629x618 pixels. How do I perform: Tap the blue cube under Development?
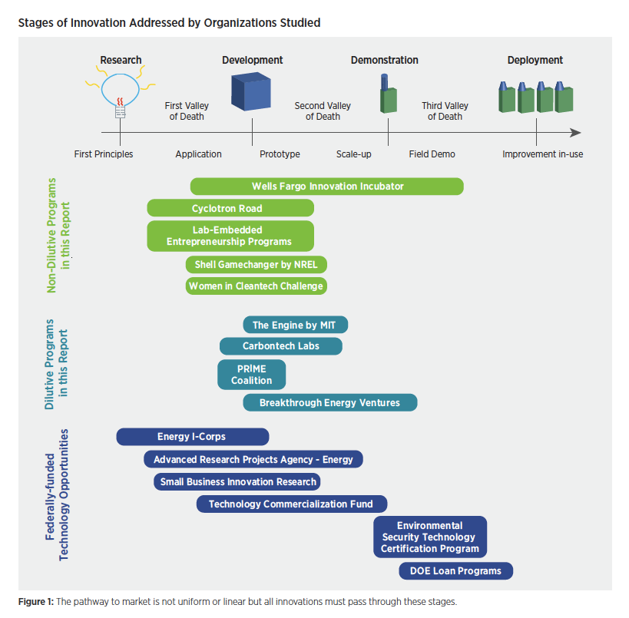[251, 91]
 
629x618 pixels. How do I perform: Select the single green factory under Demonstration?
[389, 94]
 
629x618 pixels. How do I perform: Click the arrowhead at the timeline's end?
[576, 133]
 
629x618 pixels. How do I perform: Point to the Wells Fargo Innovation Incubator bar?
[327, 187]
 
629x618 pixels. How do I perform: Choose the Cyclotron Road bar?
[230, 209]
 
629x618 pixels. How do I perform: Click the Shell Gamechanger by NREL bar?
[256, 265]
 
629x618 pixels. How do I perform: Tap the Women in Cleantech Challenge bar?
[256, 286]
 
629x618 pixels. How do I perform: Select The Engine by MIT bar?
[295, 325]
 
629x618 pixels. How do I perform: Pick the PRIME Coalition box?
[251, 375]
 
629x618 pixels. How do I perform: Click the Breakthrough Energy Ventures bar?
[330, 402]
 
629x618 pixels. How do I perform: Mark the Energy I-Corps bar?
[193, 437]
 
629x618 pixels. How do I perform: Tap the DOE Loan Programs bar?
[455, 571]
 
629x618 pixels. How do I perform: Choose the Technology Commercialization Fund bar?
[292, 504]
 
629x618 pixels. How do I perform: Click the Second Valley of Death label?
[323, 111]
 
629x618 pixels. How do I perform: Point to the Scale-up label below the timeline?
[354, 154]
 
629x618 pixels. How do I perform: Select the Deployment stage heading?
[535, 60]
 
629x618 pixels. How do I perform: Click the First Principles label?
[104, 154]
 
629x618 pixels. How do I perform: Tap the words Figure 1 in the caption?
[35, 602]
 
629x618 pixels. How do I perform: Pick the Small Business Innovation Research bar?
[237, 482]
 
